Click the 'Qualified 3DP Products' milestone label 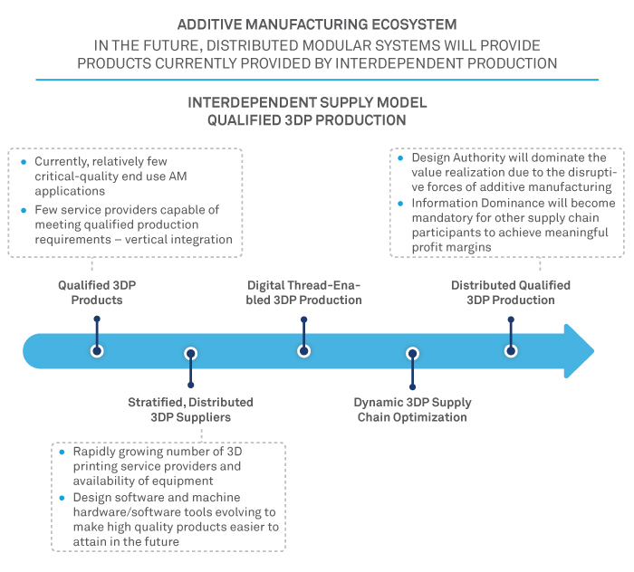(x=97, y=292)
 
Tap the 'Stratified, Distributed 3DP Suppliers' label (x=190, y=409)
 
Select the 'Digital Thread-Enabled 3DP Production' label (x=304, y=292)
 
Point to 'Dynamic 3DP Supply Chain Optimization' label (x=413, y=409)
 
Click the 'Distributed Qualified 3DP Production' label (x=511, y=292)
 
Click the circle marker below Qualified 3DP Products (x=97, y=350)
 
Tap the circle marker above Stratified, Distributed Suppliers (x=190, y=354)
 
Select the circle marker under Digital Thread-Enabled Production (x=304, y=350)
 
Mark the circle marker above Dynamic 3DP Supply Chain (x=413, y=354)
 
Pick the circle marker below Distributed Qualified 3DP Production (x=511, y=350)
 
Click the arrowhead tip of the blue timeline (x=592, y=350)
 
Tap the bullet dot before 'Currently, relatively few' (x=24, y=161)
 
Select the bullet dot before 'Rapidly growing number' (x=61, y=452)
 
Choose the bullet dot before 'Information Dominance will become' (x=402, y=204)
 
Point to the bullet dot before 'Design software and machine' (x=61, y=497)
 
